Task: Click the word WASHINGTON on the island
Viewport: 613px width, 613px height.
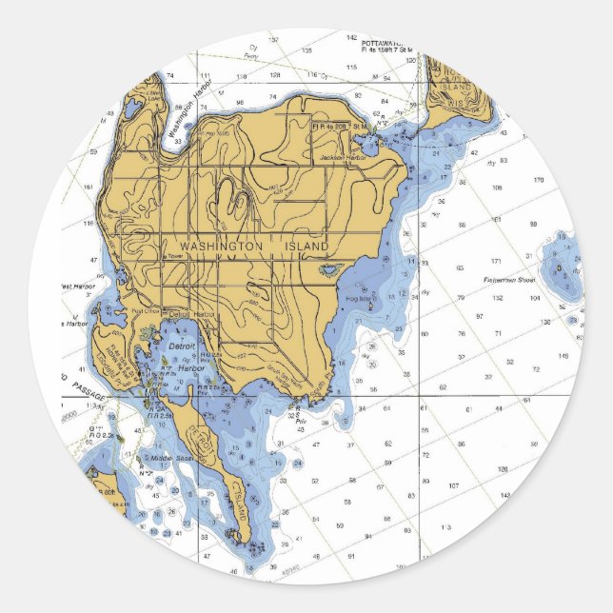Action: coord(220,247)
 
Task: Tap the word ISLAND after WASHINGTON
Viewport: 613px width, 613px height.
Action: coord(306,247)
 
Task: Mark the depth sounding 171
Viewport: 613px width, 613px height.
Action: coord(496,261)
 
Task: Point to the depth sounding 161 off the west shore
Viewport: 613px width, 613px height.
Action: coord(89,188)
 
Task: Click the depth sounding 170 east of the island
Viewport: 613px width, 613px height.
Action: coord(538,180)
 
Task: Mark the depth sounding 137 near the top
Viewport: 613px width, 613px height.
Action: coord(273,40)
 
